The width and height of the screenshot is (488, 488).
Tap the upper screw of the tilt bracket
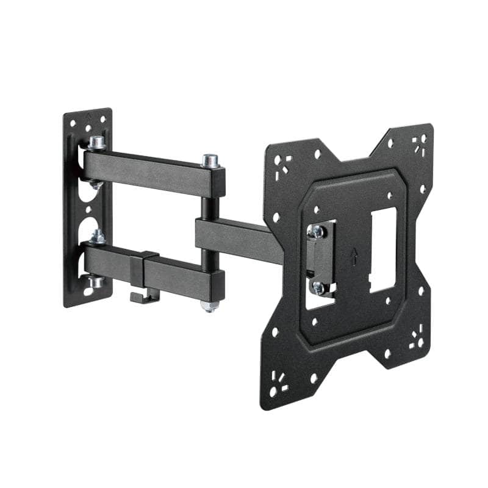coord(317,231)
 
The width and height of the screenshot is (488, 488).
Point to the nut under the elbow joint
coord(210,305)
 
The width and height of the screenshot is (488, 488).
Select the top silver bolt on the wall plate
coord(96,143)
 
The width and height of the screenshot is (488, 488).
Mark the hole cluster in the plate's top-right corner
coord(418,145)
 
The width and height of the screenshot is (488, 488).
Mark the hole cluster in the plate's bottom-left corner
coord(280,381)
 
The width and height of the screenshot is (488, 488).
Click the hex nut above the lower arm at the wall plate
coord(97,236)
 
